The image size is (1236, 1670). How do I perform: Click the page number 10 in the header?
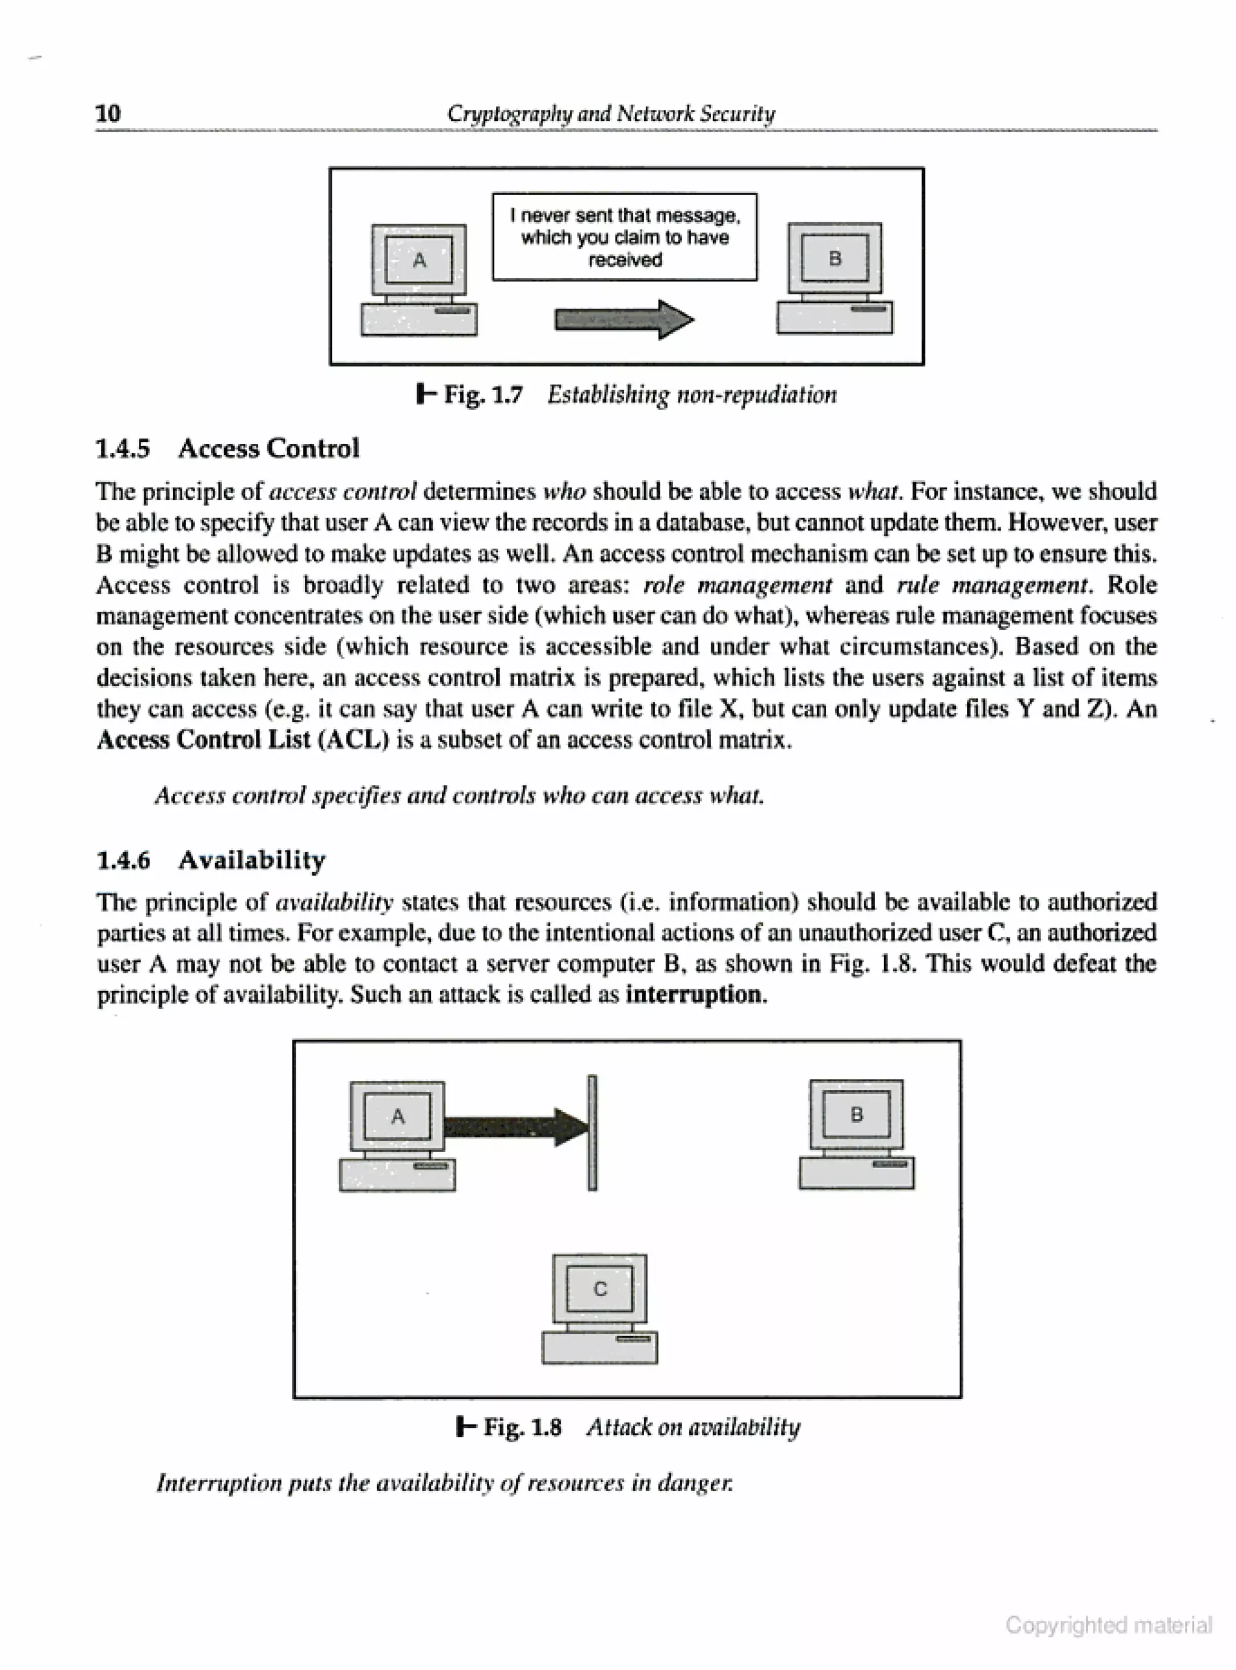click(x=109, y=113)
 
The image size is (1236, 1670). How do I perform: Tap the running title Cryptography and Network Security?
click(x=611, y=113)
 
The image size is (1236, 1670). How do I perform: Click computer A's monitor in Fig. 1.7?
click(x=419, y=260)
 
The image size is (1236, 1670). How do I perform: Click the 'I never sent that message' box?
click(x=624, y=237)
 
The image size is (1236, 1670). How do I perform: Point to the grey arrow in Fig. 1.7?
click(x=623, y=320)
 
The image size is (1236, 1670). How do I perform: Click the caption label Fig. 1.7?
click(x=483, y=394)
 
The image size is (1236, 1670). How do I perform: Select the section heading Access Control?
click(x=269, y=448)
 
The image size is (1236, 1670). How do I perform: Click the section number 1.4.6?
click(x=124, y=859)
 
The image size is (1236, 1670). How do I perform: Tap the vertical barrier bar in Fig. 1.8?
click(x=593, y=1132)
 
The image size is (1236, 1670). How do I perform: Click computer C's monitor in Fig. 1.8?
click(x=599, y=1288)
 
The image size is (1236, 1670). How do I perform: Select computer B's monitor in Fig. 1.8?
click(x=856, y=1114)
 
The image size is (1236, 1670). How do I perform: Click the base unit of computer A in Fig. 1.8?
click(x=397, y=1175)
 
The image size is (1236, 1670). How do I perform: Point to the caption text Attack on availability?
click(x=693, y=1427)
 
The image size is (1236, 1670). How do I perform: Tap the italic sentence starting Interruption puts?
click(x=444, y=1482)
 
